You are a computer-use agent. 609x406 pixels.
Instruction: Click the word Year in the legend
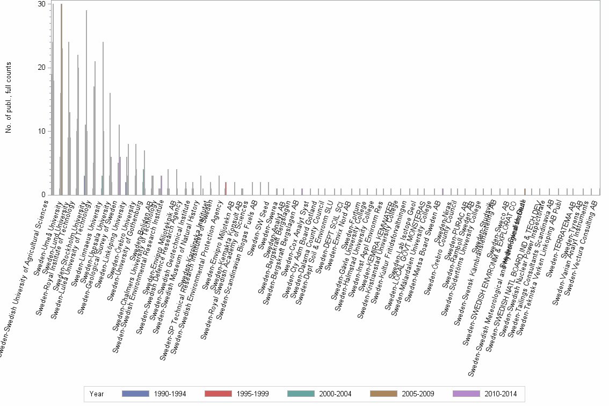coord(97,394)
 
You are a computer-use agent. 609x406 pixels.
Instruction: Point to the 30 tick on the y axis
coord(41,4)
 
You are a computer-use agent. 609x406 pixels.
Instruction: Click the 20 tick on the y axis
coord(41,68)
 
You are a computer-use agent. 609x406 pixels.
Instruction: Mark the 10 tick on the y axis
coord(41,131)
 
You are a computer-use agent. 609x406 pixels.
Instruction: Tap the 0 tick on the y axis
coord(43,194)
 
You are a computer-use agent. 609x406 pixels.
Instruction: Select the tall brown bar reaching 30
coord(62,99)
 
